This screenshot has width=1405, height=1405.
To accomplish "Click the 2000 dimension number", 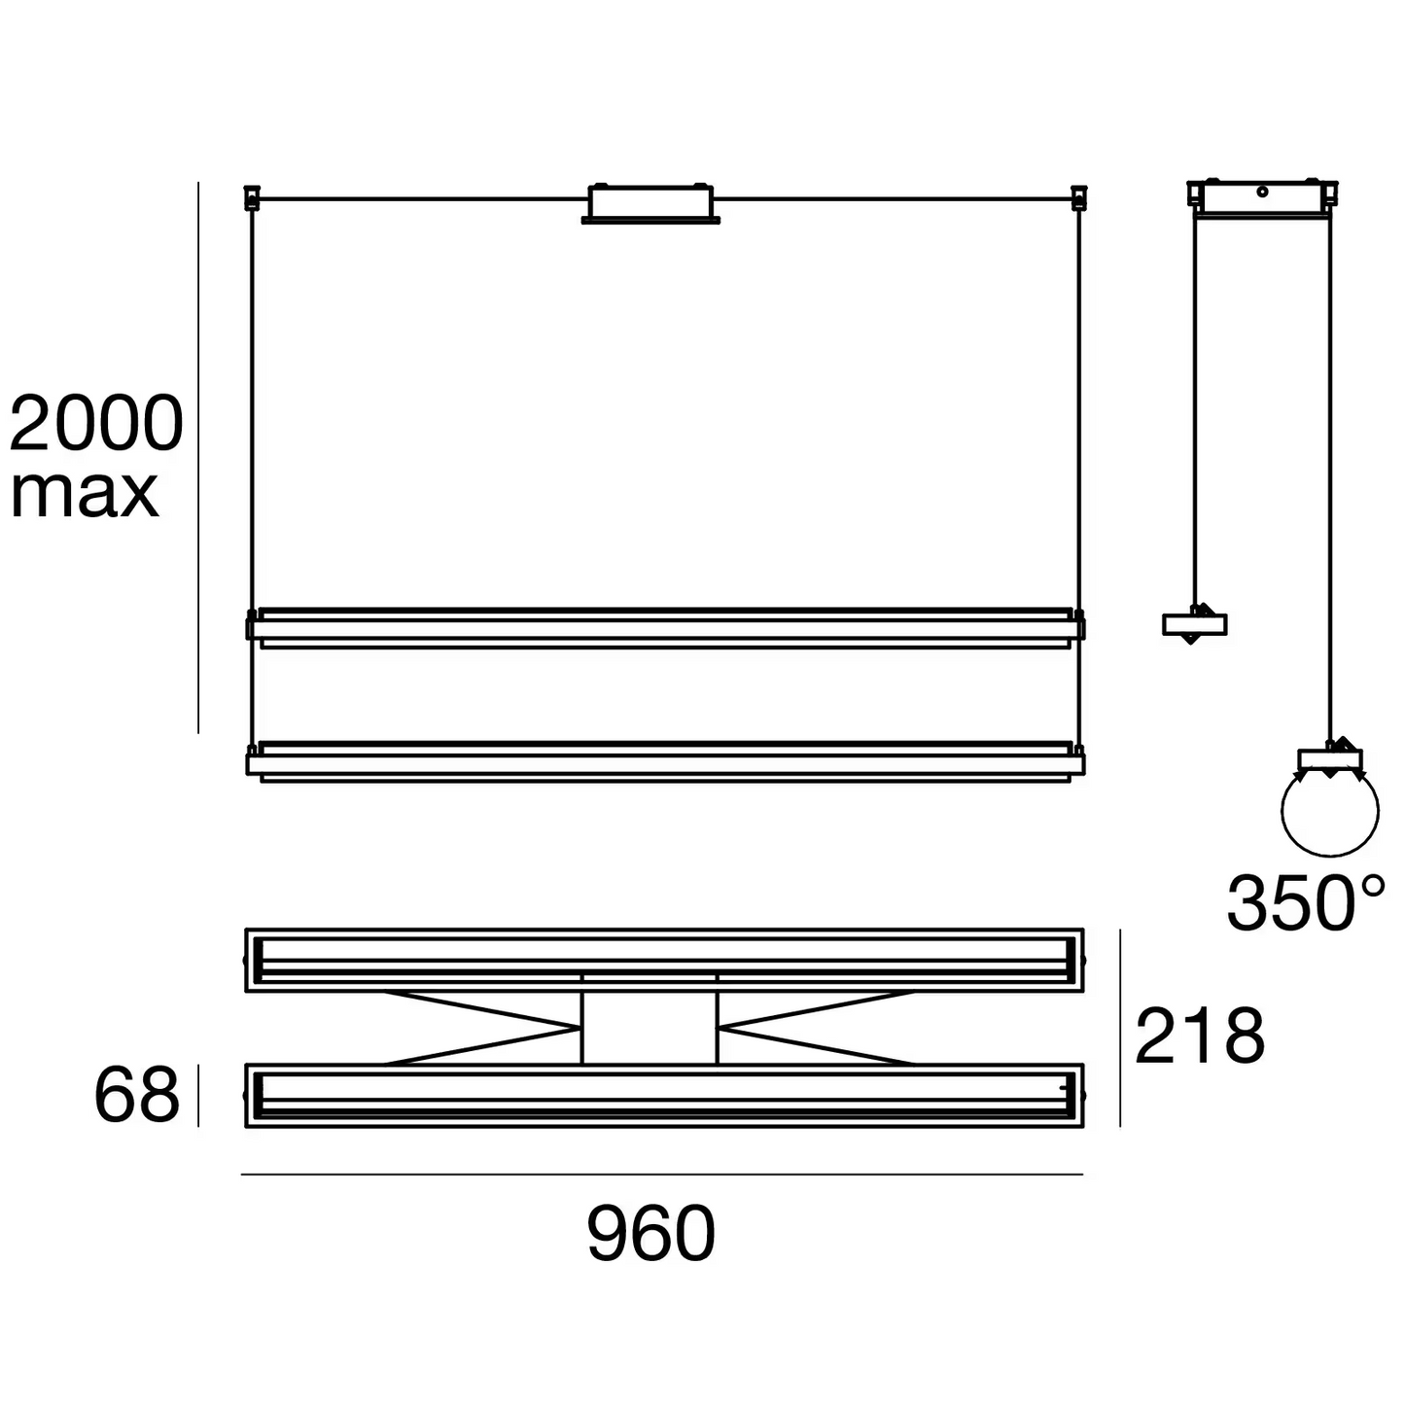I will coord(96,424).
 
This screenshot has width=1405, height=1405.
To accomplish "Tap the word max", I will coord(85,494).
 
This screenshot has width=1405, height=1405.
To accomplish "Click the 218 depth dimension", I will coord(1200,1036).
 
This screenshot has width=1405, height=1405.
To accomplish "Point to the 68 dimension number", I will coord(136,1096).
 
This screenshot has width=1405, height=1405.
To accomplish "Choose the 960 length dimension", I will coord(650,1234).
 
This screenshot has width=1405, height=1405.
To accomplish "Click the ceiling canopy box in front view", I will coord(650,202).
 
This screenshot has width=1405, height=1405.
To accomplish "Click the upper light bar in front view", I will coord(665,627).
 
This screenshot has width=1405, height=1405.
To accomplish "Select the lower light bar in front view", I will coord(665,761).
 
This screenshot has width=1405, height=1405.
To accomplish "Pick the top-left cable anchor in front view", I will coord(252,197).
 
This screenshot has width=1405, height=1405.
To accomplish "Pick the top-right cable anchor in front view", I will coord(1077,197).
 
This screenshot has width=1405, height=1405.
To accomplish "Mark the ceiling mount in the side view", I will coord(1261,196).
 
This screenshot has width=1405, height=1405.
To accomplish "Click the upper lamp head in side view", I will coord(1194,624).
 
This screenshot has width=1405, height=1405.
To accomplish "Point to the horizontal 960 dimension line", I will coord(661,1175).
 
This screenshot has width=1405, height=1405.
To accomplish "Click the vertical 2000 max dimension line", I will coord(198,457).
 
